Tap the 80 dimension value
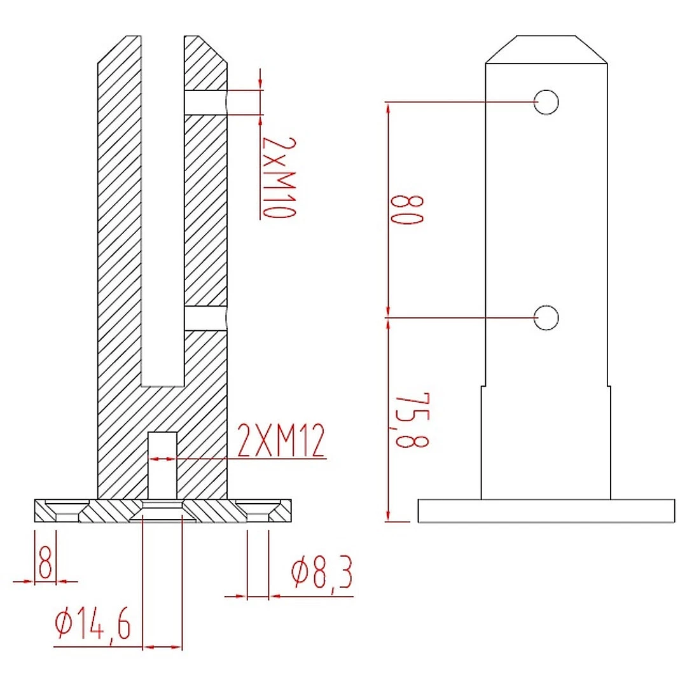[x=407, y=210]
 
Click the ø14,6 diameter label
[x=93, y=624]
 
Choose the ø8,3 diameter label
[x=321, y=574]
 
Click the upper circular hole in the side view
[x=546, y=102]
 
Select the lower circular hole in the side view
[x=546, y=318]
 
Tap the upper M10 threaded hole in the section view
[x=205, y=102]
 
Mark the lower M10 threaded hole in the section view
[x=205, y=319]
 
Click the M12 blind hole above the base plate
[x=162, y=464]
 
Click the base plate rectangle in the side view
[x=546, y=511]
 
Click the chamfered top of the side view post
[x=546, y=50]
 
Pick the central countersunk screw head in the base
[x=162, y=511]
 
